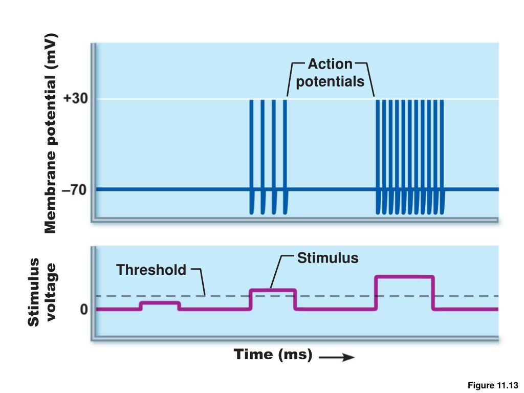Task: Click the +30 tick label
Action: coord(75,99)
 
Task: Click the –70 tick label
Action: coord(75,190)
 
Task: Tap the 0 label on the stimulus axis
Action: coord(83,310)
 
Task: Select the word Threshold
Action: coord(151,270)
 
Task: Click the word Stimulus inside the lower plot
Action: coord(328,257)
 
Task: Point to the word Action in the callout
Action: coord(330,64)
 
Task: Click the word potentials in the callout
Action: coord(331,81)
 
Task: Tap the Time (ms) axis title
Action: coord(273,354)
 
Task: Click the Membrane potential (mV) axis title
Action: coord(50,133)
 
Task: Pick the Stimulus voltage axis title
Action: coord(42,292)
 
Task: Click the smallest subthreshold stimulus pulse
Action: coord(160,303)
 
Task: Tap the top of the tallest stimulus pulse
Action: coord(404,277)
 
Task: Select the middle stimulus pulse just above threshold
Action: coord(273,291)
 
